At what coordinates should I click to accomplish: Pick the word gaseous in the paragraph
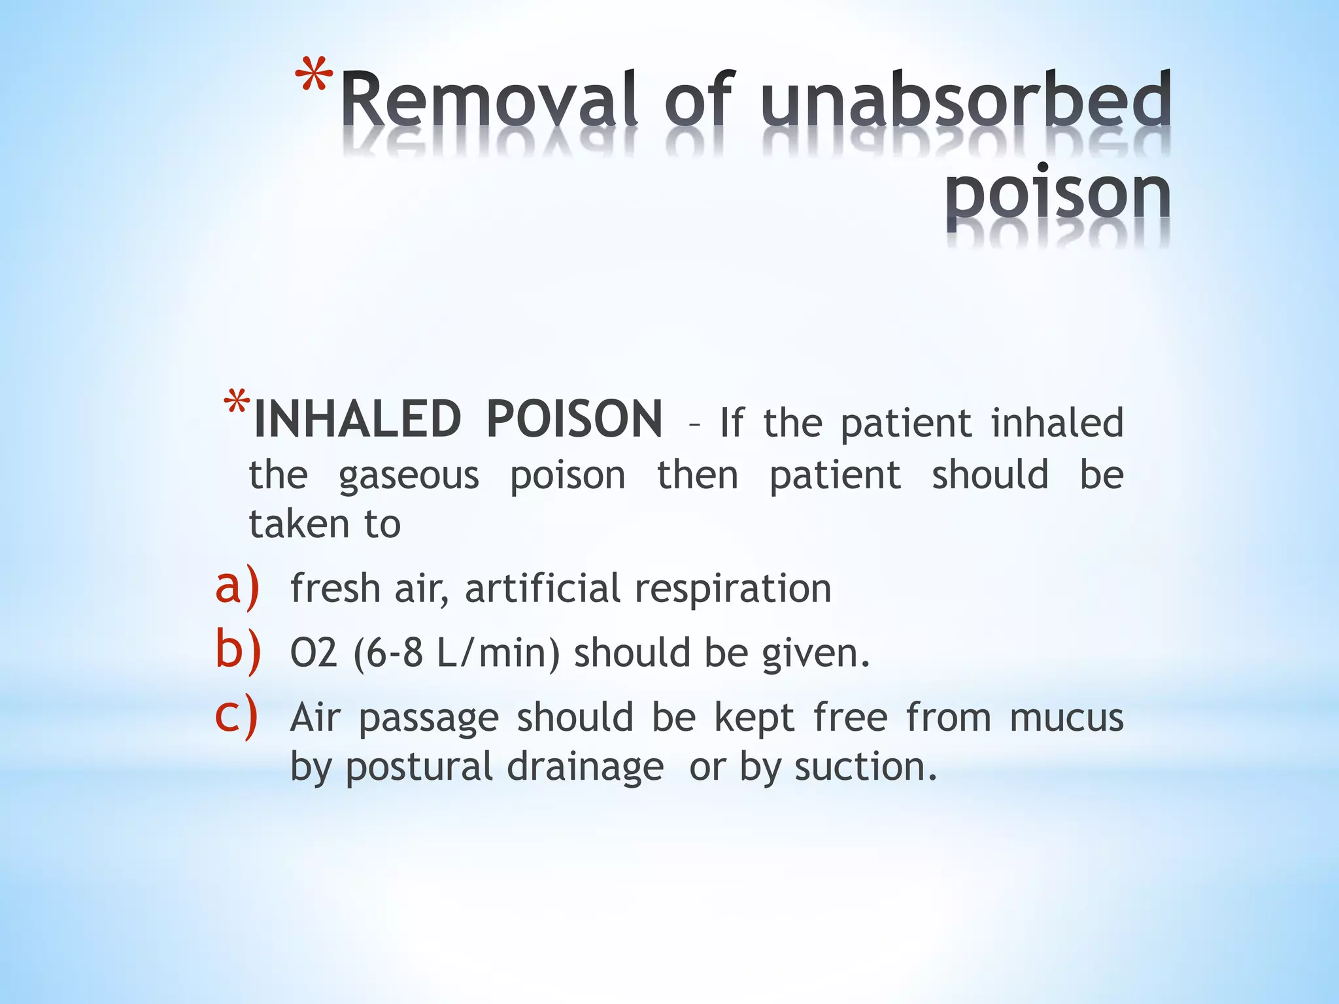coord(409,476)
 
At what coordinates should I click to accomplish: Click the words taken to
coord(325,524)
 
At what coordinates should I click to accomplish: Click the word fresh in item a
coord(335,588)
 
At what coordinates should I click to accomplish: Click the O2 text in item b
coord(314,653)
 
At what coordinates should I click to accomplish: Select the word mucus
coord(1066,717)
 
